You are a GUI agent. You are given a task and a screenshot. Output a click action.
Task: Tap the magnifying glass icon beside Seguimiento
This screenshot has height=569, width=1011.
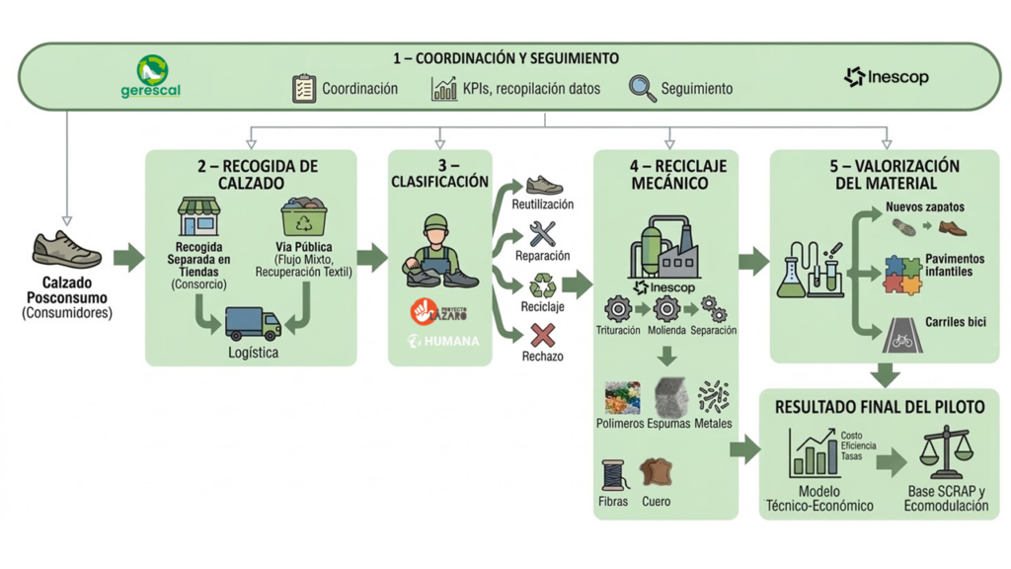pos(642,88)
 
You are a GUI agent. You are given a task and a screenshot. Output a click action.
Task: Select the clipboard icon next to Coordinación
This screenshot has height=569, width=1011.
pos(304,88)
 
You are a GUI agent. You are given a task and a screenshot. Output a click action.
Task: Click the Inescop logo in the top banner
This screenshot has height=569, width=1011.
pos(886,77)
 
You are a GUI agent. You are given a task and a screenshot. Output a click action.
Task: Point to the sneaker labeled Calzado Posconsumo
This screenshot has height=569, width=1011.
pos(67,250)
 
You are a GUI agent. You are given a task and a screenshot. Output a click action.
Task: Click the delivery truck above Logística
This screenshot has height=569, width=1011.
pos(253,323)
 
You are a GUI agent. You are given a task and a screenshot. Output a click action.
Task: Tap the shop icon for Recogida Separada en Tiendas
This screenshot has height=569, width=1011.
pos(198,217)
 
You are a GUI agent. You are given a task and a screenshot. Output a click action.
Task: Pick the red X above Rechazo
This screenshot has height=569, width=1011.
pos(542,336)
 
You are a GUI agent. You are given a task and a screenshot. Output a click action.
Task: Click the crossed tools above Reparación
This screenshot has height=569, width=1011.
pos(542,234)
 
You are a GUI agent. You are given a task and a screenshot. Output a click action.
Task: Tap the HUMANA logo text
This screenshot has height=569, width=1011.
pos(443,341)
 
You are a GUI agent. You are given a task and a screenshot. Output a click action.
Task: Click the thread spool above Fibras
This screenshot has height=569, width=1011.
pos(614,475)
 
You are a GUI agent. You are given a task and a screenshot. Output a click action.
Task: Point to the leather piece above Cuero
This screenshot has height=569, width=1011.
pos(656,472)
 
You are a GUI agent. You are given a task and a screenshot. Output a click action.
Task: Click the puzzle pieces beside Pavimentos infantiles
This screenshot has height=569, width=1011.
pos(901,274)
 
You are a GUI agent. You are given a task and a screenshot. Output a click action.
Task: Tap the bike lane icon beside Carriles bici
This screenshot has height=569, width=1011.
pos(901,335)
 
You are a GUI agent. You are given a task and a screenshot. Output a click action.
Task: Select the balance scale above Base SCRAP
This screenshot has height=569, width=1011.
pos(945,453)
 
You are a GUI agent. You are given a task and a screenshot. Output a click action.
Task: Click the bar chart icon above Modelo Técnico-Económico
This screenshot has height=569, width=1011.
pos(815,454)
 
